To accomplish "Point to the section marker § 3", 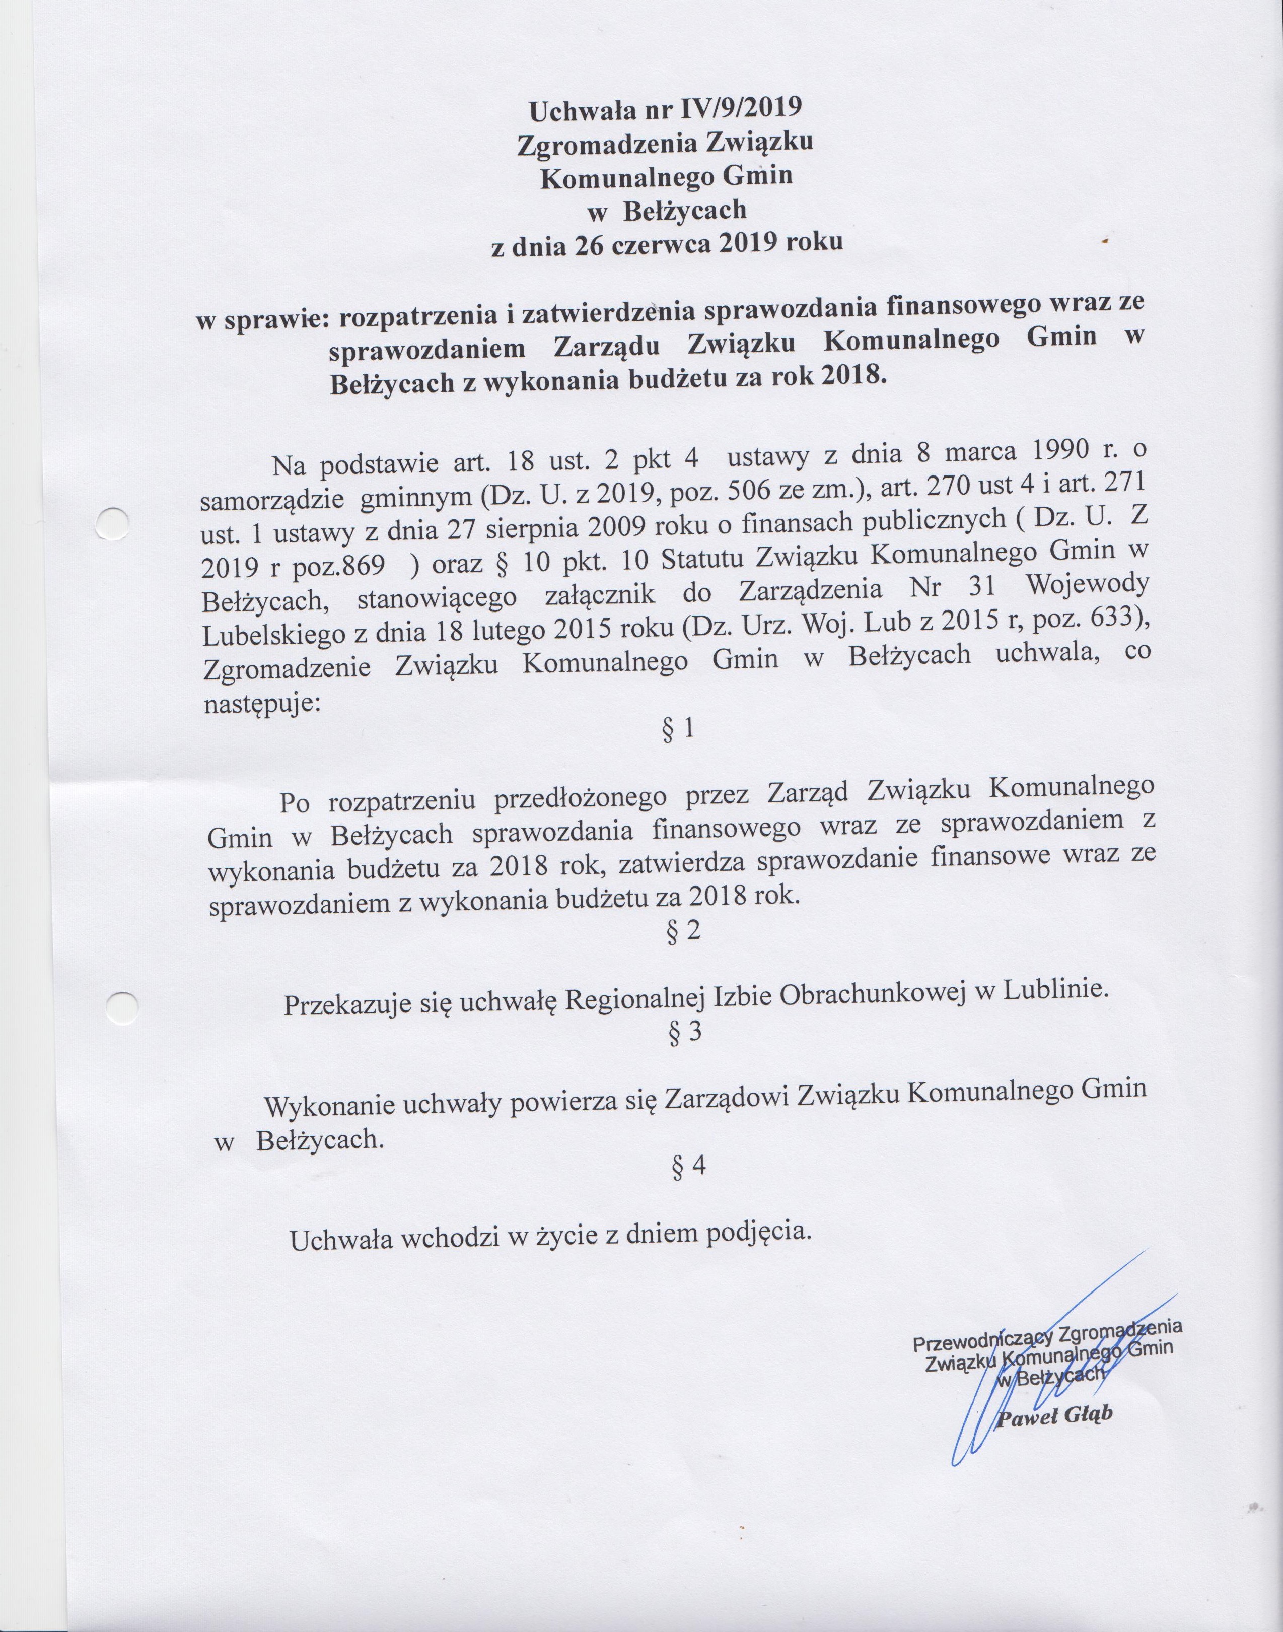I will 684,1033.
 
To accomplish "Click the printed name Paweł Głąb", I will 1053,1416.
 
